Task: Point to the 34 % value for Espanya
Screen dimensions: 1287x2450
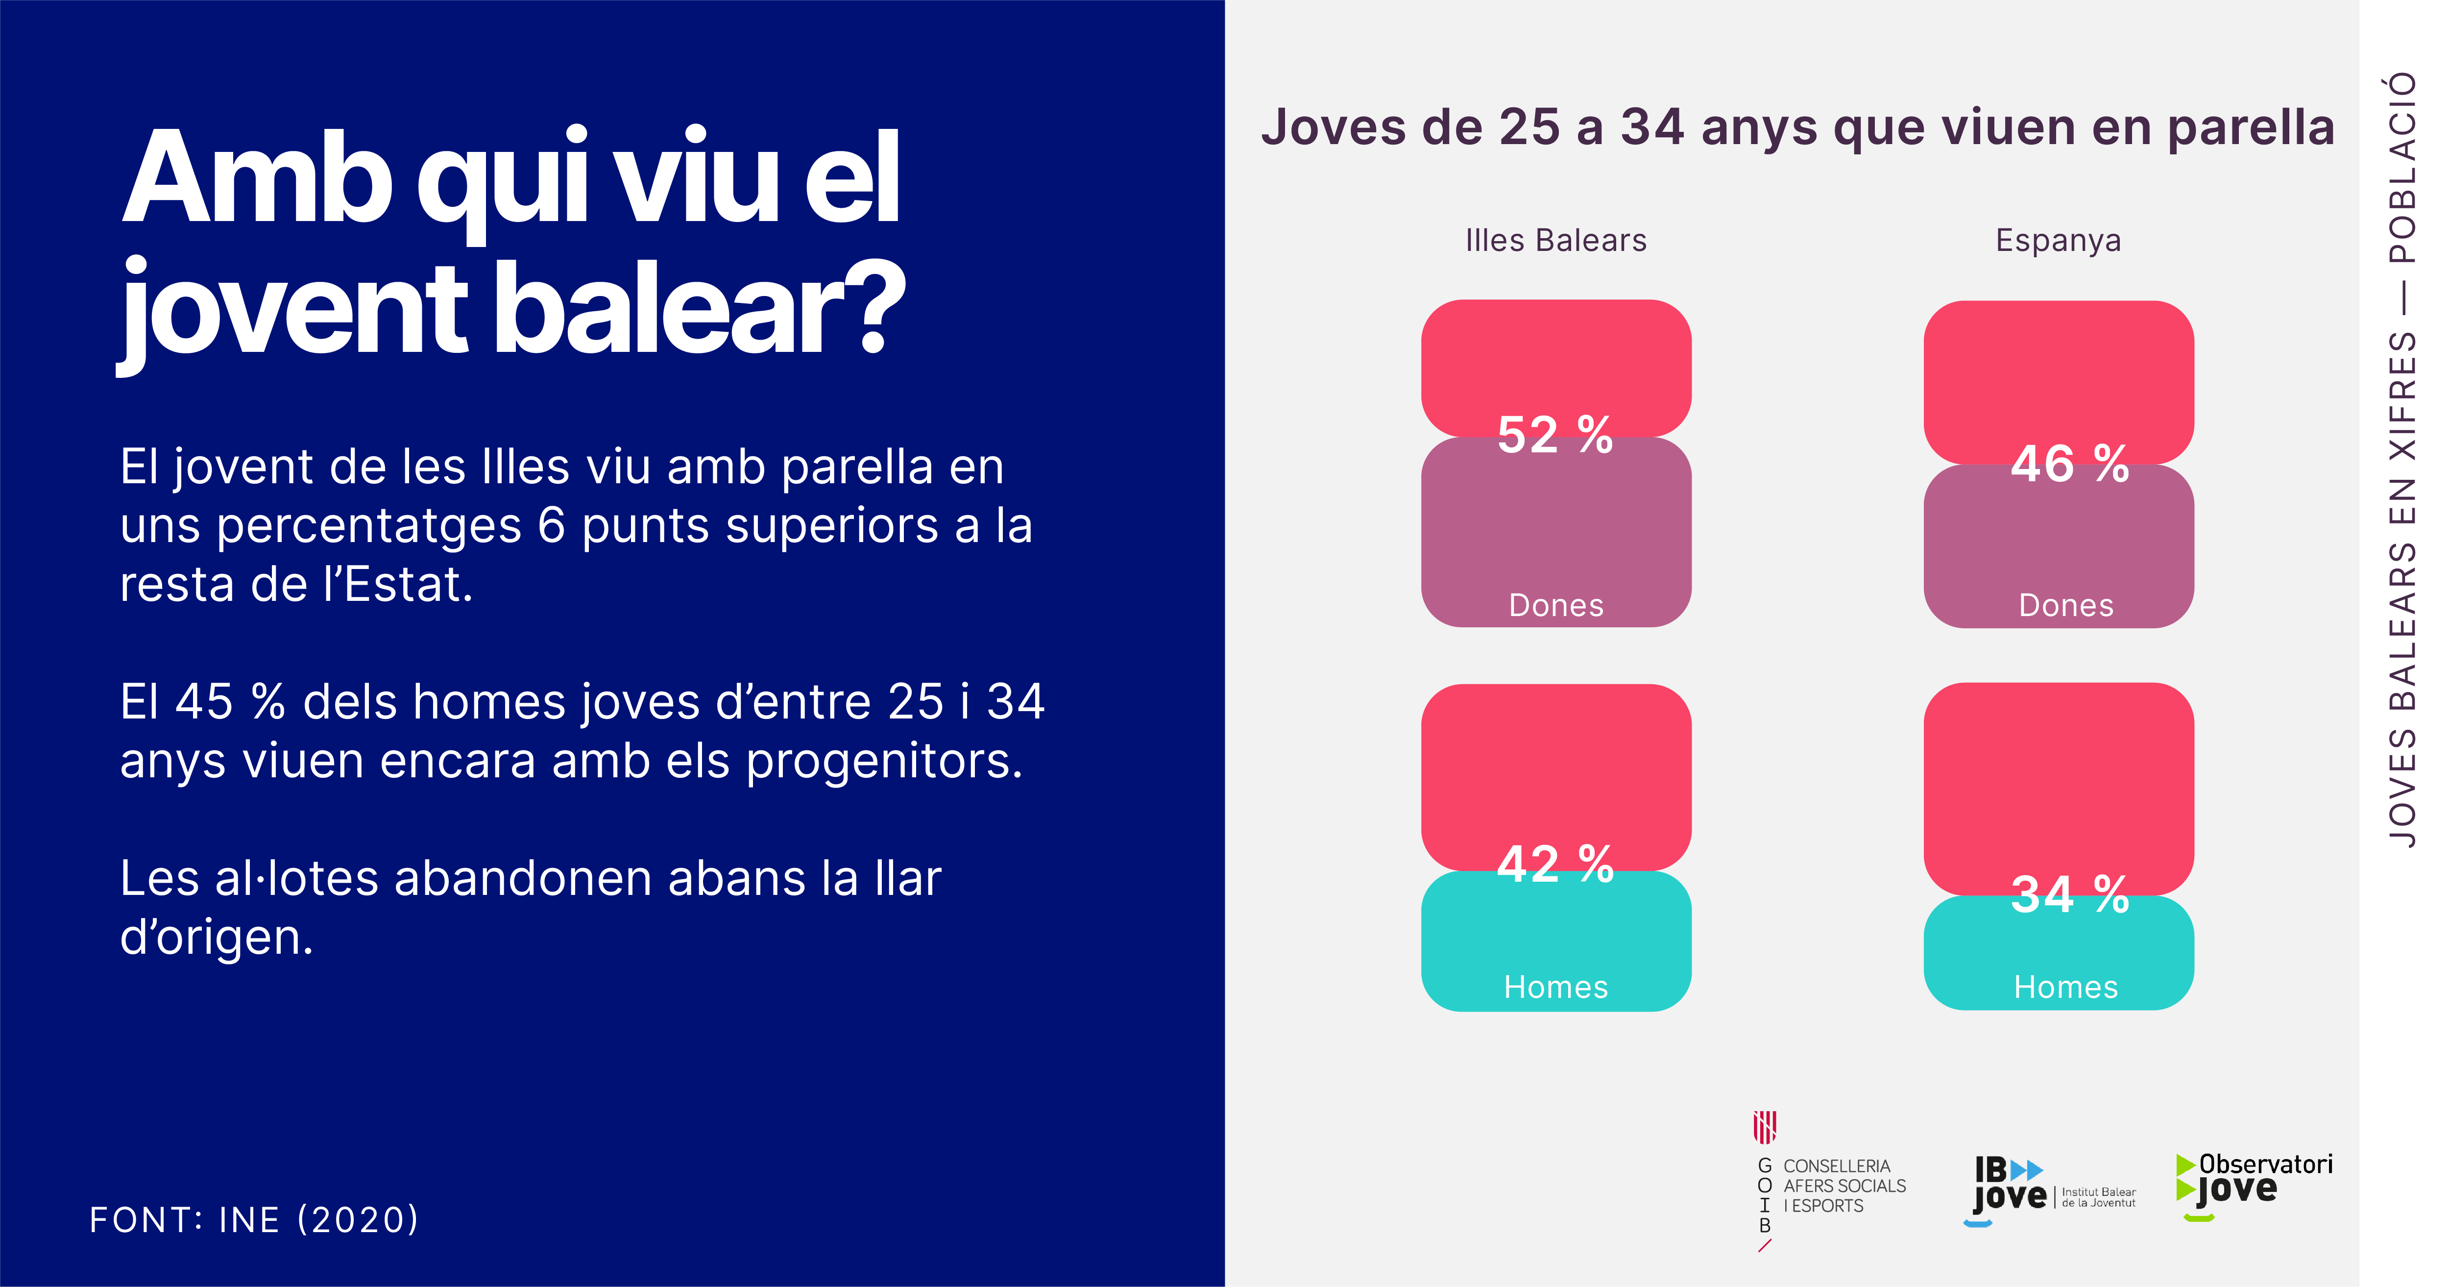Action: pos(2069,895)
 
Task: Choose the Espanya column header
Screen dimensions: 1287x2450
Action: pos(2058,241)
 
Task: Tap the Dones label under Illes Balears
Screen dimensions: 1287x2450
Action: pos(1556,605)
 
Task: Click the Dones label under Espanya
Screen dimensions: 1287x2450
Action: pos(2066,605)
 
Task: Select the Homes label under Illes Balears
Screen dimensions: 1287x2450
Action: pos(1556,987)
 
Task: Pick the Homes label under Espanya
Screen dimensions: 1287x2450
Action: pos(2066,987)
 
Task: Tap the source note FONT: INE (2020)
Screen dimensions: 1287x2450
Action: pos(254,1219)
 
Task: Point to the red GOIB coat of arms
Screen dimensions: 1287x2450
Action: pos(1765,1127)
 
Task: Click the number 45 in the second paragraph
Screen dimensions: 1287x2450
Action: pos(203,702)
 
